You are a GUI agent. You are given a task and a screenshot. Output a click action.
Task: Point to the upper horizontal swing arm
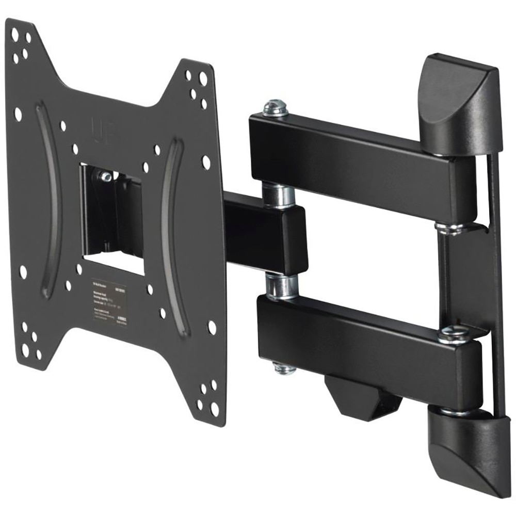pos(356,155)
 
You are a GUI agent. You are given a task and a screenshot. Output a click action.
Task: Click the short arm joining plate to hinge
pos(263,232)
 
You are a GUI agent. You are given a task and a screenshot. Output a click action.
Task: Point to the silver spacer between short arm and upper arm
pos(278,193)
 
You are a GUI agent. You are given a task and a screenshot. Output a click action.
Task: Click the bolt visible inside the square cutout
pos(106,177)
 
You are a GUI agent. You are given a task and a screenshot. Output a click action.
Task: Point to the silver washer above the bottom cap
pos(454,411)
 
